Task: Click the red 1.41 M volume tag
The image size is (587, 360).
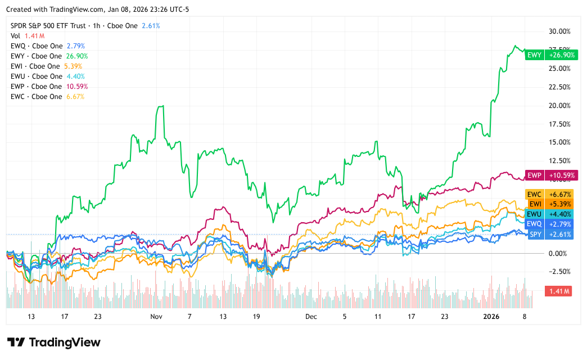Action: [558, 291]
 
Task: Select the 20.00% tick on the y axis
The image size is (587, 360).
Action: [559, 105]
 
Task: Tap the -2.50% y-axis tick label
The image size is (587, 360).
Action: [559, 272]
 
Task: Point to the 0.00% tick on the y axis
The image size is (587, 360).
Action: [559, 253]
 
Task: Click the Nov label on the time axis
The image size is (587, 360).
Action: [156, 317]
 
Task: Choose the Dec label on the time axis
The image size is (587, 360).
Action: [311, 317]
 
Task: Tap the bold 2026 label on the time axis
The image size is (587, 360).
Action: [492, 317]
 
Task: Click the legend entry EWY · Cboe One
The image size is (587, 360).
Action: [37, 56]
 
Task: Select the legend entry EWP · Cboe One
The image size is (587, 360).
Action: [37, 86]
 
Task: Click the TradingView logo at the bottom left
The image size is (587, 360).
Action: [53, 342]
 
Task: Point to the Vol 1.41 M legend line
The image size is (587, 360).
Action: [27, 35]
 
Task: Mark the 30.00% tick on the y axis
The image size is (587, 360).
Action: [559, 31]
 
